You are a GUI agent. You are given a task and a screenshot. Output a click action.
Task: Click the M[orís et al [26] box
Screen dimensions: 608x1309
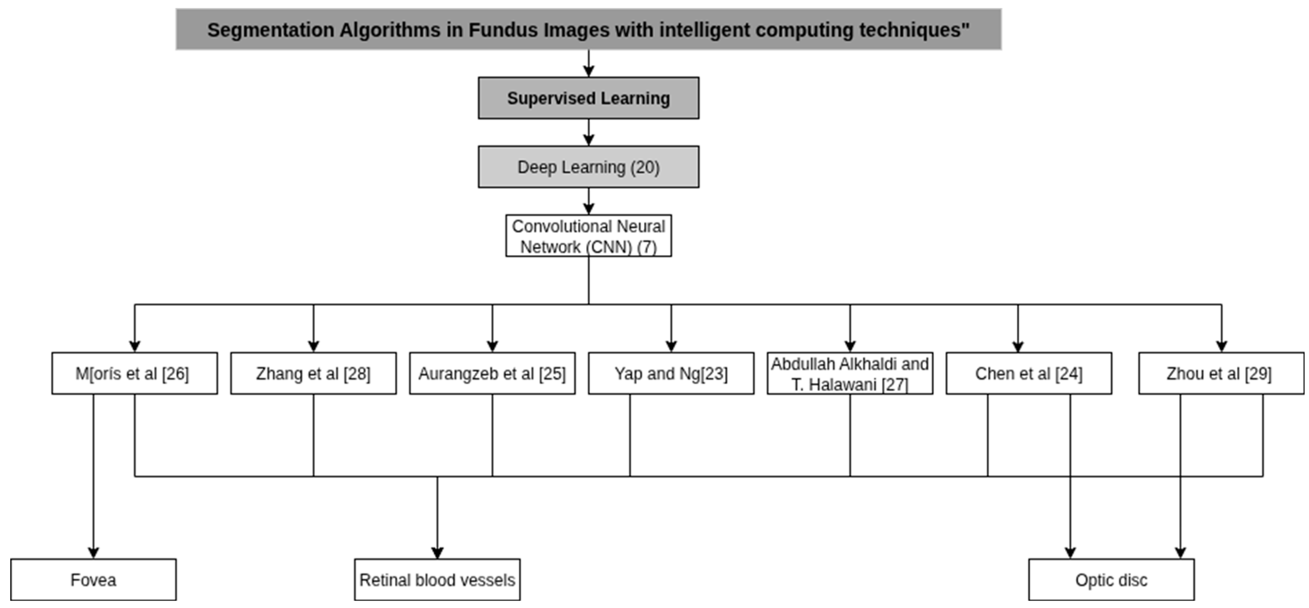tap(134, 373)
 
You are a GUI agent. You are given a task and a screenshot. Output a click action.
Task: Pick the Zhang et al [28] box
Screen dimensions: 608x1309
tap(313, 373)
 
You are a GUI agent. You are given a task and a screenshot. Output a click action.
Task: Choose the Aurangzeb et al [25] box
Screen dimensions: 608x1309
tap(492, 373)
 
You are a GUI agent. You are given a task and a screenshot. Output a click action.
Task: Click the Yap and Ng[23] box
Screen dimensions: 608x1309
tap(671, 373)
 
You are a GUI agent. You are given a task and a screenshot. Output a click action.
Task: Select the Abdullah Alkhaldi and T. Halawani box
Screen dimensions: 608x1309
tap(850, 373)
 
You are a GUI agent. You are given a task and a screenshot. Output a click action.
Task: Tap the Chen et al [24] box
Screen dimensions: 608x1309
tap(1028, 373)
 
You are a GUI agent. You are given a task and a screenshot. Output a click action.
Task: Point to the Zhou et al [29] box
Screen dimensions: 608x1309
tap(1220, 373)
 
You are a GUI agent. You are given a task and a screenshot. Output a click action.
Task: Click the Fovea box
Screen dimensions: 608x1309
tap(93, 579)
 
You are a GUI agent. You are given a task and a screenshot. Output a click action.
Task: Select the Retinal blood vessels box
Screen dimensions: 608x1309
tap(437, 579)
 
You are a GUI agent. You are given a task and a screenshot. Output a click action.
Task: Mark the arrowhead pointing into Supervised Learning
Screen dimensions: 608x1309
tap(589, 71)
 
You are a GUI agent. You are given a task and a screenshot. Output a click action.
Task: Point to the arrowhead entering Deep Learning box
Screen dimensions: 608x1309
tap(589, 140)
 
